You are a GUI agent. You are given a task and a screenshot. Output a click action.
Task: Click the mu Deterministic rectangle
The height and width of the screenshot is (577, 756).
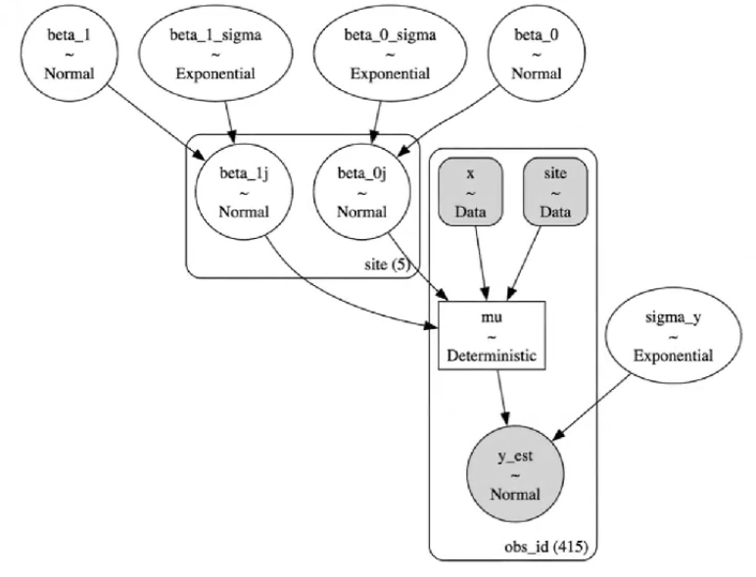click(492, 337)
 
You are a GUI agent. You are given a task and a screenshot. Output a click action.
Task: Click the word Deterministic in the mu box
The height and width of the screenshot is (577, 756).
click(492, 356)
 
